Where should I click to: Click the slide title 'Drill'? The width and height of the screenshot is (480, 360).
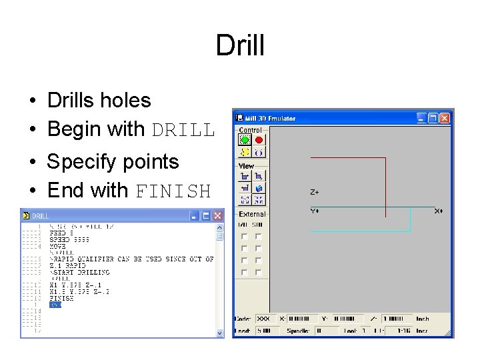point(240,46)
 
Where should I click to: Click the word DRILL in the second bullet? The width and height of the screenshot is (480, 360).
point(183,129)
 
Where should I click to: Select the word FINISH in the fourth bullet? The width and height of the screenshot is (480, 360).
point(173,191)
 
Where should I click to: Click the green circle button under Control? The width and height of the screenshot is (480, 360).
point(245,140)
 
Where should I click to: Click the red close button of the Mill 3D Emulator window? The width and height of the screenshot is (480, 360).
point(445,118)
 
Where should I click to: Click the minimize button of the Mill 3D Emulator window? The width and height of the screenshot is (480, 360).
point(421,118)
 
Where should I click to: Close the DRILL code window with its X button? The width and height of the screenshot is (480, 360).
point(217,216)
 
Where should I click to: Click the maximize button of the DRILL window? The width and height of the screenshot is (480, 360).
point(206,216)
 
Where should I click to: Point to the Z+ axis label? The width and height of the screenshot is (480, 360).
point(315,192)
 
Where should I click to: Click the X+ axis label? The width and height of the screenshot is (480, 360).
point(439,211)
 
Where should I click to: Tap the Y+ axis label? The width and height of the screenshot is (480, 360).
point(315,211)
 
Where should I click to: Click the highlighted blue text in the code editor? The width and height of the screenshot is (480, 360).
point(55,305)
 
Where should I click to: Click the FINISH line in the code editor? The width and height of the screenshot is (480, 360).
point(61,299)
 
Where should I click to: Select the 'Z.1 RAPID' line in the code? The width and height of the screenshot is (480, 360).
point(67,265)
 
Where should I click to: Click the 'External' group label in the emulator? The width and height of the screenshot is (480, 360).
point(252,215)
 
